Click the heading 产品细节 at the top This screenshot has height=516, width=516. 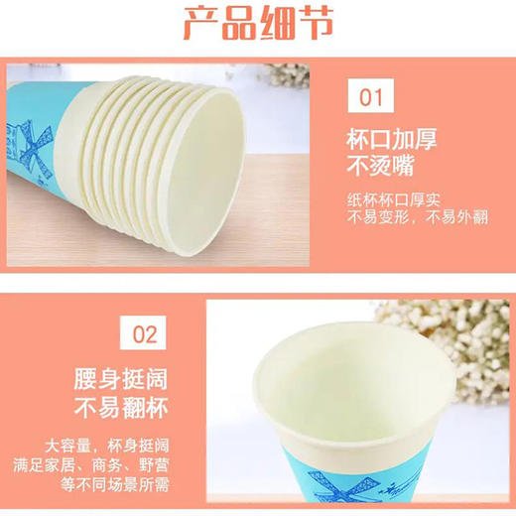click(x=258, y=23)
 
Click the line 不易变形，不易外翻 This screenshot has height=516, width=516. click(x=421, y=218)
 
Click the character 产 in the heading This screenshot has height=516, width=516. click(x=199, y=23)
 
